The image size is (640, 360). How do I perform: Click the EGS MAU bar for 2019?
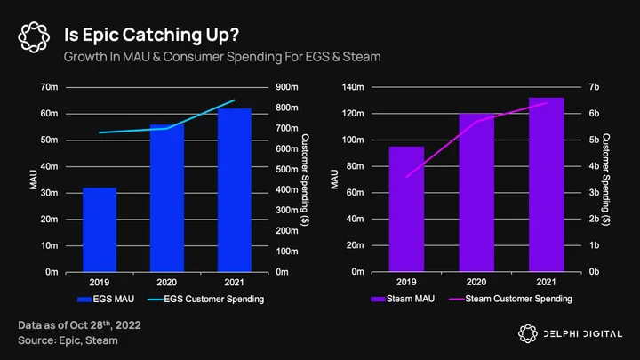pyautogui.click(x=100, y=230)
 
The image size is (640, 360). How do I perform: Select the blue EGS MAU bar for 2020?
pyautogui.click(x=167, y=198)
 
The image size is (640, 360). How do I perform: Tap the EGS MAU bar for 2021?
pyautogui.click(x=235, y=190)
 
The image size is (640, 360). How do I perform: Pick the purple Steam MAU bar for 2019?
pyautogui.click(x=406, y=209)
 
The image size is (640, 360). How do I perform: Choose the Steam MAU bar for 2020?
pyautogui.click(x=476, y=193)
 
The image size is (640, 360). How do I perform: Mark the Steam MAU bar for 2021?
pyautogui.click(x=547, y=185)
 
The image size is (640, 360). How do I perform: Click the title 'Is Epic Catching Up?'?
pyautogui.click(x=151, y=35)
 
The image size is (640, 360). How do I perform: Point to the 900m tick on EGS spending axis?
pyautogui.click(x=287, y=87)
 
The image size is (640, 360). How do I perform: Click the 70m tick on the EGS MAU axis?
pyautogui.click(x=49, y=87)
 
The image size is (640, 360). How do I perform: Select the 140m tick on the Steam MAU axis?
pyautogui.click(x=353, y=87)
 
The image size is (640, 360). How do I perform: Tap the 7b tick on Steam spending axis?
pyautogui.click(x=594, y=87)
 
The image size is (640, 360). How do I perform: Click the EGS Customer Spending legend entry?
pyautogui.click(x=205, y=300)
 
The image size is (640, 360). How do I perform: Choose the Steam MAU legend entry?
pyautogui.click(x=403, y=300)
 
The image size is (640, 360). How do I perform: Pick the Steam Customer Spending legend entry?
pyautogui.click(x=510, y=300)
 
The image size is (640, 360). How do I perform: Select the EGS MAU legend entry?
pyautogui.click(x=106, y=300)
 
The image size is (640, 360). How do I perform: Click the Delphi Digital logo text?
pyautogui.click(x=583, y=334)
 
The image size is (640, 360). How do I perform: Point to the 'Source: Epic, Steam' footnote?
pyautogui.click(x=68, y=340)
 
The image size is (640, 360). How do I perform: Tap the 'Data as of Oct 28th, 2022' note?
pyautogui.click(x=80, y=325)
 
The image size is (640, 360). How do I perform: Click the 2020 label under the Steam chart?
pyautogui.click(x=476, y=282)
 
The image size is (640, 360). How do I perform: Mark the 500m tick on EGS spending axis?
pyautogui.click(x=287, y=170)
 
